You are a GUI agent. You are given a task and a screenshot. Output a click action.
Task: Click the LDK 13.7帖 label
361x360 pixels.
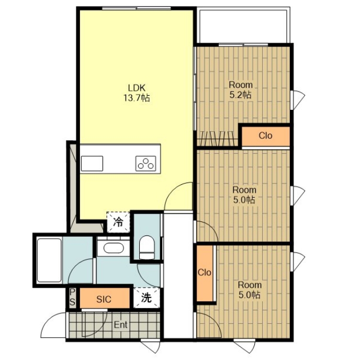137,93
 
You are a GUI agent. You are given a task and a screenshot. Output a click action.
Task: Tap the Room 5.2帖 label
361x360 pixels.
241,90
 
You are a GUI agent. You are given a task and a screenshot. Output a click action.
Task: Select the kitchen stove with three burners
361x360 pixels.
146,163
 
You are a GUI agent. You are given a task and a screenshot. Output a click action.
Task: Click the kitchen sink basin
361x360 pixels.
92,164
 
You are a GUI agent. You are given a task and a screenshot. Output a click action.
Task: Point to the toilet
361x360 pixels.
146,247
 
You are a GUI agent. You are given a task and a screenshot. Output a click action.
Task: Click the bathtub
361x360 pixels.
49,260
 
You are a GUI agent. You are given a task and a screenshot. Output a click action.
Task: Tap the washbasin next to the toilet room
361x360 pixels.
114,248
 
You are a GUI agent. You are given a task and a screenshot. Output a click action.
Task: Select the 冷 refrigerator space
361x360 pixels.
118,222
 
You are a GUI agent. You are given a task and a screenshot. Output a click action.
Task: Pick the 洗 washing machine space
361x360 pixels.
146,298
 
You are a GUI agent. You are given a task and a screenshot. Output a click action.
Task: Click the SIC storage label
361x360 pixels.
104,299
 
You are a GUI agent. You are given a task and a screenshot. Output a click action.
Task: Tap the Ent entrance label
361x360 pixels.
121,325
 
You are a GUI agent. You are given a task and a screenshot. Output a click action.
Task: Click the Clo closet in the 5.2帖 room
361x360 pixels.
265,136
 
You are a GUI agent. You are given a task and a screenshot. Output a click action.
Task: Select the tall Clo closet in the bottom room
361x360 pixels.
205,273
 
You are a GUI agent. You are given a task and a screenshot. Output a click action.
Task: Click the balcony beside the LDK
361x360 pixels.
243,25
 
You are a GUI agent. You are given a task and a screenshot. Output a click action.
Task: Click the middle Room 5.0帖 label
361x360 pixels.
244,195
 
